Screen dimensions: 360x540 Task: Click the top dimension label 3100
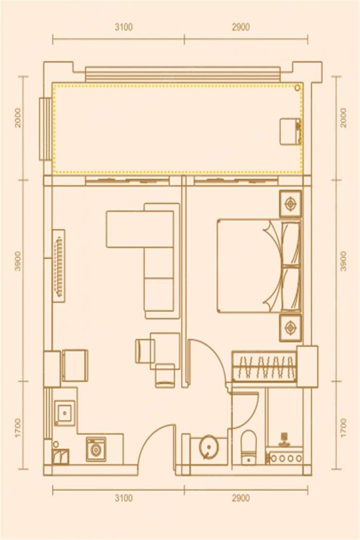123,27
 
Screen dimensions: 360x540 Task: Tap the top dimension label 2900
241,27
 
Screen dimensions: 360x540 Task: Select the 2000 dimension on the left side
18,118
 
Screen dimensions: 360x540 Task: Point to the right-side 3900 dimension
343,261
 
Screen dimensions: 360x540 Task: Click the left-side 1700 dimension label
18,428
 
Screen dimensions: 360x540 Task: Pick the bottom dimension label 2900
241,498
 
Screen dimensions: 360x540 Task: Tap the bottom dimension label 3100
123,498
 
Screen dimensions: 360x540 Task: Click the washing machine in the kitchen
96,449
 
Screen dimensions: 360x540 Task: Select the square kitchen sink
64,413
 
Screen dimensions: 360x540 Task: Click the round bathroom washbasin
209,447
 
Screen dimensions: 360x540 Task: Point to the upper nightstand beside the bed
291,204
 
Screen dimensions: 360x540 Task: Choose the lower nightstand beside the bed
291,328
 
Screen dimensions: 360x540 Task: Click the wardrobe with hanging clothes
264,367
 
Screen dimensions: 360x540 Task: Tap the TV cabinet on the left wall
58,265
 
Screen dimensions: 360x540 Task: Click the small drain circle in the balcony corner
297,88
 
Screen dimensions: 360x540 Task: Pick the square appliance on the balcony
290,132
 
